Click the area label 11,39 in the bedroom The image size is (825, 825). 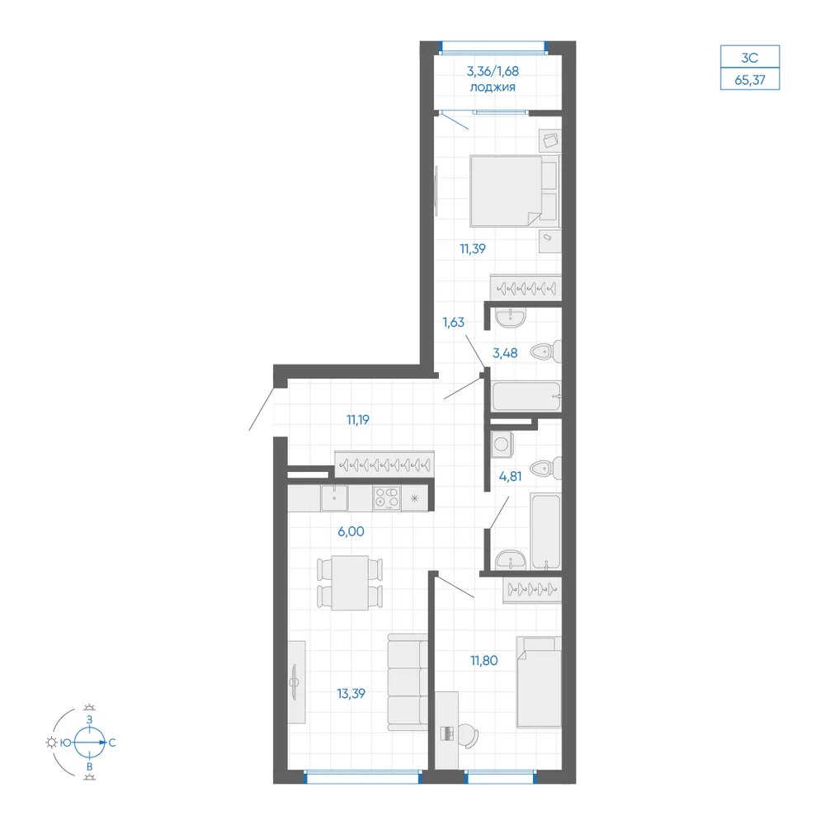(x=473, y=248)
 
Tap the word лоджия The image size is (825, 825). (x=493, y=87)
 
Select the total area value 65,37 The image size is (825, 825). (x=750, y=80)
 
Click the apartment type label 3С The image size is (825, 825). (x=750, y=58)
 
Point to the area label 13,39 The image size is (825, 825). (x=351, y=694)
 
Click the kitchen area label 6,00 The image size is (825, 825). (x=351, y=531)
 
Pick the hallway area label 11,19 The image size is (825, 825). (x=358, y=420)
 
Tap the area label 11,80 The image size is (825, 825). (x=484, y=660)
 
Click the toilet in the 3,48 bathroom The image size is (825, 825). (x=545, y=351)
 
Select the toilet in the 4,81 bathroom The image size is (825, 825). (x=545, y=468)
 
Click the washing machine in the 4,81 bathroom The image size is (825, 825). (x=502, y=444)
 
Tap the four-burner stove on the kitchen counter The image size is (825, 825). (x=387, y=497)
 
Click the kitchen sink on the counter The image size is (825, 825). (x=334, y=497)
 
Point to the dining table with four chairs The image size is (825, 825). (x=350, y=582)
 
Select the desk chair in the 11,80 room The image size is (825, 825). (x=469, y=735)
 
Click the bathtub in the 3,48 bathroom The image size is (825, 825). (x=526, y=396)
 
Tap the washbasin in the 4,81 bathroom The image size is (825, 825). (x=511, y=559)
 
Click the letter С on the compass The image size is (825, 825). (x=112, y=743)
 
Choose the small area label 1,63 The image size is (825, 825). (x=453, y=322)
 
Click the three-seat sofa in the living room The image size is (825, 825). (x=408, y=682)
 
